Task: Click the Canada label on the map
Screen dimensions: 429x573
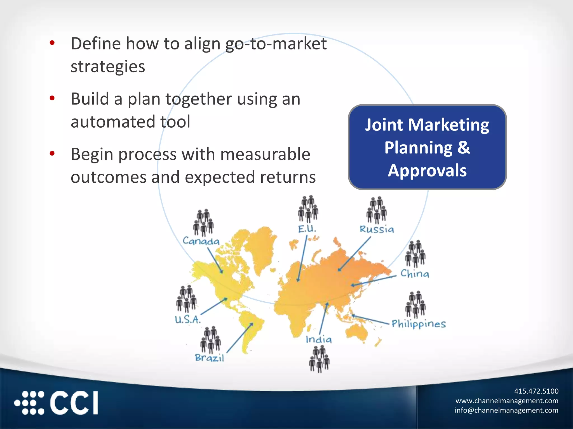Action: click(201, 241)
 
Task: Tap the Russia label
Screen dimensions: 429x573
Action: click(377, 229)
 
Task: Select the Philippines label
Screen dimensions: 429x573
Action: click(419, 324)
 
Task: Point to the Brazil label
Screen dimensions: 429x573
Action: click(210, 358)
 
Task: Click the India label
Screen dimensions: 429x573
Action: click(319, 339)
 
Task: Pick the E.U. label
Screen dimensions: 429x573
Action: click(307, 229)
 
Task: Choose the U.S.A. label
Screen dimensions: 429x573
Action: click(188, 319)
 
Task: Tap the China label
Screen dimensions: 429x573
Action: click(415, 273)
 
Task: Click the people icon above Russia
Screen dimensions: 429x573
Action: click(377, 210)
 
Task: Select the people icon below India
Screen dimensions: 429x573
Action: click(319, 359)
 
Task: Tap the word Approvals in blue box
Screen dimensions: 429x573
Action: click(427, 170)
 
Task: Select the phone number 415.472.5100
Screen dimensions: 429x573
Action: click(536, 391)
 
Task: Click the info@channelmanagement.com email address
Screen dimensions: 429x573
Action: click(506, 410)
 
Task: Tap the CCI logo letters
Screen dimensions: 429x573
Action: click(74, 403)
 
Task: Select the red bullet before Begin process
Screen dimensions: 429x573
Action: click(52, 153)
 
